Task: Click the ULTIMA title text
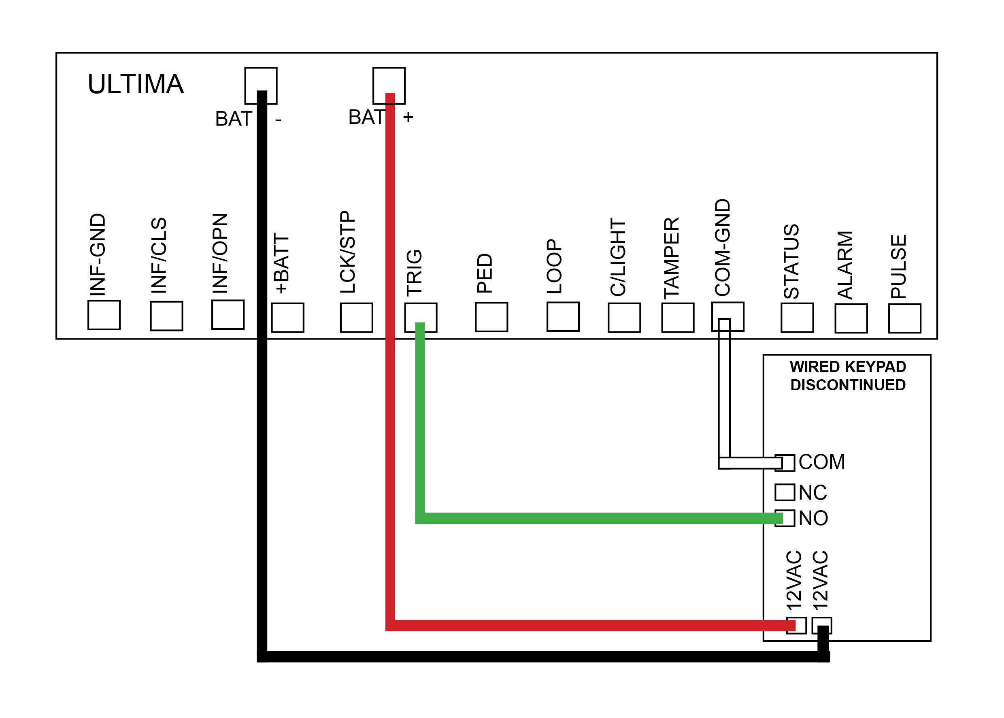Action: [x=136, y=84]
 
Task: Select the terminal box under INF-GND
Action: [x=104, y=315]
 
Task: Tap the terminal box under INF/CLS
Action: [x=166, y=316]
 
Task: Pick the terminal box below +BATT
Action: [x=287, y=317]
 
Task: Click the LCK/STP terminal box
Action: [x=356, y=317]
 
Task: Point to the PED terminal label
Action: [x=485, y=273]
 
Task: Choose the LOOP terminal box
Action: [x=563, y=316]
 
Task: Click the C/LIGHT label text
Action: [x=618, y=257]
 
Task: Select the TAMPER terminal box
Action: [x=678, y=317]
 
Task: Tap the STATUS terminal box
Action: [x=797, y=317]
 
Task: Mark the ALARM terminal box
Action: [x=851, y=318]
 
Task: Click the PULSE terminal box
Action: [x=905, y=318]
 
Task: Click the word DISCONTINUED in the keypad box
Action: [x=848, y=385]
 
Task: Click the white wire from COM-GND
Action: [x=724, y=398]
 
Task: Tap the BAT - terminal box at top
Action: [x=261, y=79]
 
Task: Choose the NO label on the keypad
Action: [x=813, y=518]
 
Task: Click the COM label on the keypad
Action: [x=821, y=462]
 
